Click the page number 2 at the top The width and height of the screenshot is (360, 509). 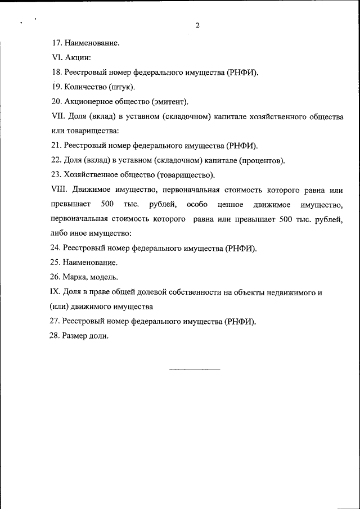[197, 25]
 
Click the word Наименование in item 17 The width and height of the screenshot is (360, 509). [92, 42]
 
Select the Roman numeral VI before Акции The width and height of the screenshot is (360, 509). [56, 57]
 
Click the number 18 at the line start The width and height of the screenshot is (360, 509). [56, 72]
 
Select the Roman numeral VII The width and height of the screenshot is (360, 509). [57, 116]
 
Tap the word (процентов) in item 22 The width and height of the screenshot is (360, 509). [262, 160]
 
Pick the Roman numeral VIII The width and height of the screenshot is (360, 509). [58, 190]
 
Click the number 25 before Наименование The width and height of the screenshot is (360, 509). [56, 262]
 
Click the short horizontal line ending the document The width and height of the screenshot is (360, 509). [195, 370]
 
